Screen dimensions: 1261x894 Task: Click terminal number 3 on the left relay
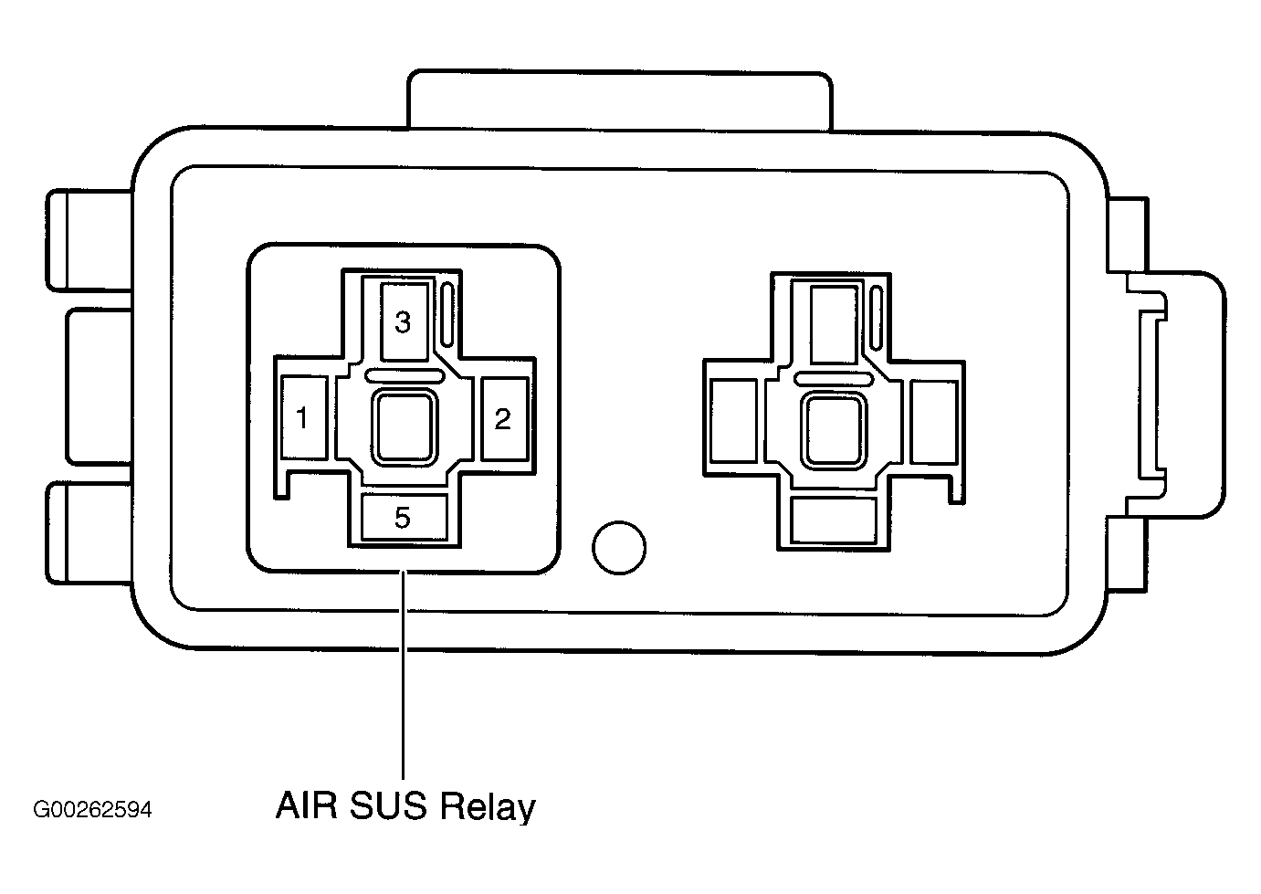pyautogui.click(x=404, y=321)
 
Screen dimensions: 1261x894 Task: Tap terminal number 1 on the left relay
pyautogui.click(x=304, y=417)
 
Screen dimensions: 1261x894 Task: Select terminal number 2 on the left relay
pyautogui.click(x=504, y=418)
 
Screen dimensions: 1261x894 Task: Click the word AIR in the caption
pyautogui.click(x=306, y=806)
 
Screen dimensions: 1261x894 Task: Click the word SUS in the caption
pyautogui.click(x=388, y=806)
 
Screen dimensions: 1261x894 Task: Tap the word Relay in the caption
pyautogui.click(x=488, y=808)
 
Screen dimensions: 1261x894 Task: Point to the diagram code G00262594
pyautogui.click(x=92, y=810)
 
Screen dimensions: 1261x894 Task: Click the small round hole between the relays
pyautogui.click(x=619, y=547)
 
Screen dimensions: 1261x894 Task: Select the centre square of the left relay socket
pyautogui.click(x=405, y=426)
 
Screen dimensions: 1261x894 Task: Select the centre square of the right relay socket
pyautogui.click(x=834, y=431)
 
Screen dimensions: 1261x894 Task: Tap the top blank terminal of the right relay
pyautogui.click(x=835, y=324)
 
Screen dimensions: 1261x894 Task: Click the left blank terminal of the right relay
pyautogui.click(x=733, y=421)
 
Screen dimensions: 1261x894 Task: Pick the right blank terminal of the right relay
pyautogui.click(x=934, y=422)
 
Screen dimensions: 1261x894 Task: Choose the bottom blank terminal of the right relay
pyautogui.click(x=834, y=521)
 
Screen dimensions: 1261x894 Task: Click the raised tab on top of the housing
pyautogui.click(x=619, y=100)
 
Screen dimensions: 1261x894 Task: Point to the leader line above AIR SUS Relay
pyautogui.click(x=403, y=675)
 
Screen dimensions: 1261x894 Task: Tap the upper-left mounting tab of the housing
pyautogui.click(x=89, y=241)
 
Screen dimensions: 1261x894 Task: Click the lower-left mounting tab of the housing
pyautogui.click(x=89, y=532)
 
